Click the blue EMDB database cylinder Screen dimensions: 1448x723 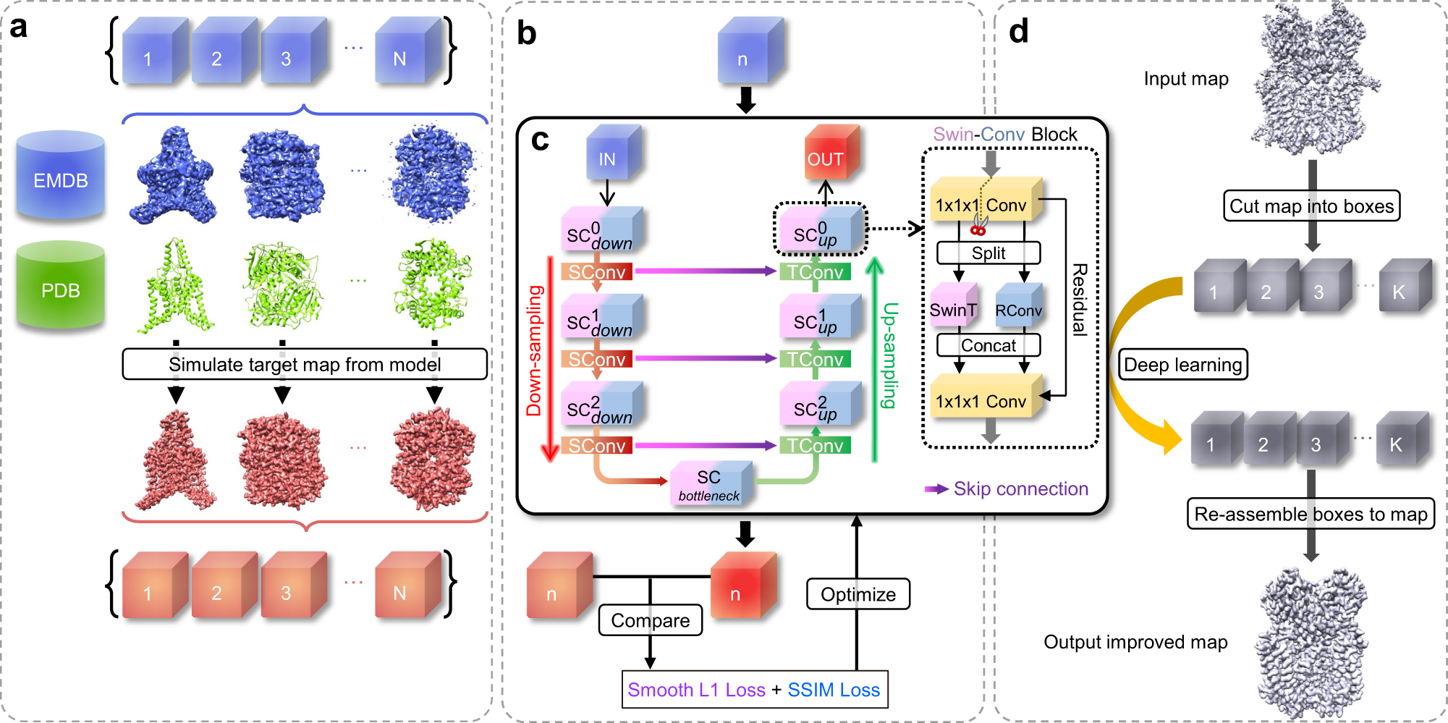(x=61, y=175)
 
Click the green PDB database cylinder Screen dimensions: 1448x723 (x=61, y=285)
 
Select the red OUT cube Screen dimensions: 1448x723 (x=832, y=153)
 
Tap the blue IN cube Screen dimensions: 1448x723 (x=614, y=153)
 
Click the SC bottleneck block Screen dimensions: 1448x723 (x=711, y=483)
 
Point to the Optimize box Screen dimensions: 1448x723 (x=858, y=594)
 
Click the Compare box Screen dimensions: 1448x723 (x=651, y=620)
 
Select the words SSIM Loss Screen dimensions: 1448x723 (x=834, y=690)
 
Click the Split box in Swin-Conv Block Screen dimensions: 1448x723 (x=988, y=253)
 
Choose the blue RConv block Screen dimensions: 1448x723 (x=1019, y=308)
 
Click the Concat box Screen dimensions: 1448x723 (x=988, y=345)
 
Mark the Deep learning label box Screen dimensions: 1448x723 (x=1183, y=364)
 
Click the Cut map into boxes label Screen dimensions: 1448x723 (x=1312, y=206)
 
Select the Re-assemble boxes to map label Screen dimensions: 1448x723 (x=1311, y=514)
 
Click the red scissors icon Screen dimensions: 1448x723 (x=979, y=224)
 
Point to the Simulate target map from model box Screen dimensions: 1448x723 (x=305, y=364)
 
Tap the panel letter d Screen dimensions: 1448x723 (x=1019, y=32)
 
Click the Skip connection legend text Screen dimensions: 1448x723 (x=1021, y=489)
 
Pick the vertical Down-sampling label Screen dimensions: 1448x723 (x=535, y=351)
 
